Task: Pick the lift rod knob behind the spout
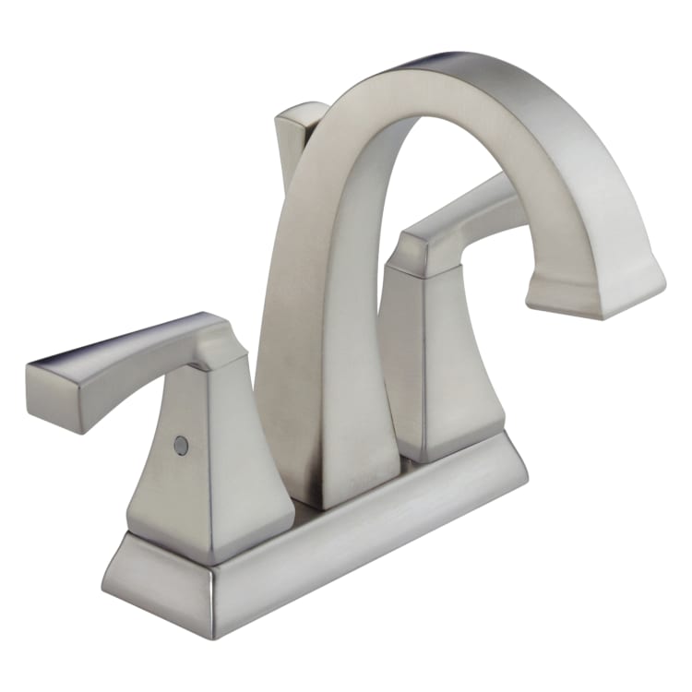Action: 300,125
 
